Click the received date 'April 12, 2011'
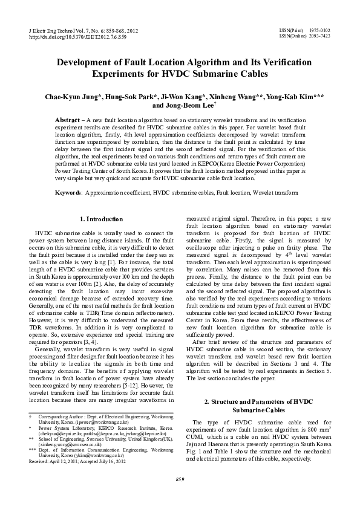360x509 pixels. (62, 461)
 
